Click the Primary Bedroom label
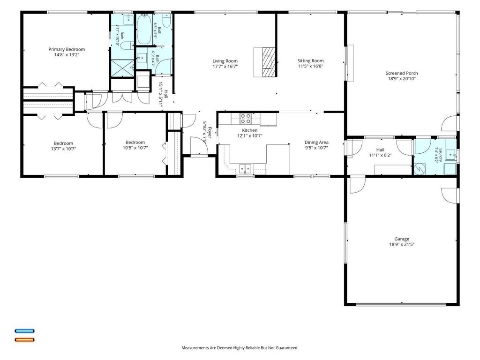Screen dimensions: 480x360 coord(67,49)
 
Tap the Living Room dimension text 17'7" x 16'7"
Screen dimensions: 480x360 coord(225,67)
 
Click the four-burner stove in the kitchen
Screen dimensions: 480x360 coord(246,119)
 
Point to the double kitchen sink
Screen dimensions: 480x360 coord(245,168)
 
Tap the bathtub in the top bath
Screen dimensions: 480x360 coord(143,30)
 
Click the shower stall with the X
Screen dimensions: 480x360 coord(122,68)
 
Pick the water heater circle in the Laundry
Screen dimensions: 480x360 coord(420,169)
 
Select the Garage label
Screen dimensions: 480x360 coord(402,239)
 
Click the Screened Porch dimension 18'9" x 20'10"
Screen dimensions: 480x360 coord(402,79)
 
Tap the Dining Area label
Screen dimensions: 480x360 coord(316,142)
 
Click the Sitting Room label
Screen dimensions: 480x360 coord(310,61)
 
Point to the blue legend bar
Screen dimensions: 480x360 coord(25,331)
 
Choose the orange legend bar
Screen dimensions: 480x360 coord(25,339)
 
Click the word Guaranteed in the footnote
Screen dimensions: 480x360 coord(287,348)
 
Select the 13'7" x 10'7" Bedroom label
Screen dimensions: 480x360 coord(63,143)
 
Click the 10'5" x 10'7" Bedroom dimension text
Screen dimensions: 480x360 coord(135,148)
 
